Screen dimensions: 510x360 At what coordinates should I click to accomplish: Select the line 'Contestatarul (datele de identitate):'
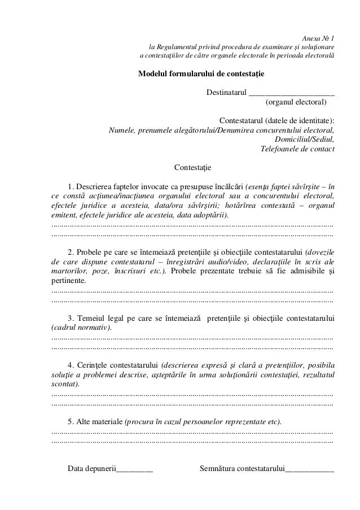[x=276, y=121]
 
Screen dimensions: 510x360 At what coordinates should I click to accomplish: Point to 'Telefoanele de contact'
[x=296, y=149]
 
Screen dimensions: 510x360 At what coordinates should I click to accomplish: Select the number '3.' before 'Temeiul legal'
[x=71, y=318]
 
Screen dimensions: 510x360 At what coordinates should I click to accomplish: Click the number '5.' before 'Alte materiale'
[x=71, y=421]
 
